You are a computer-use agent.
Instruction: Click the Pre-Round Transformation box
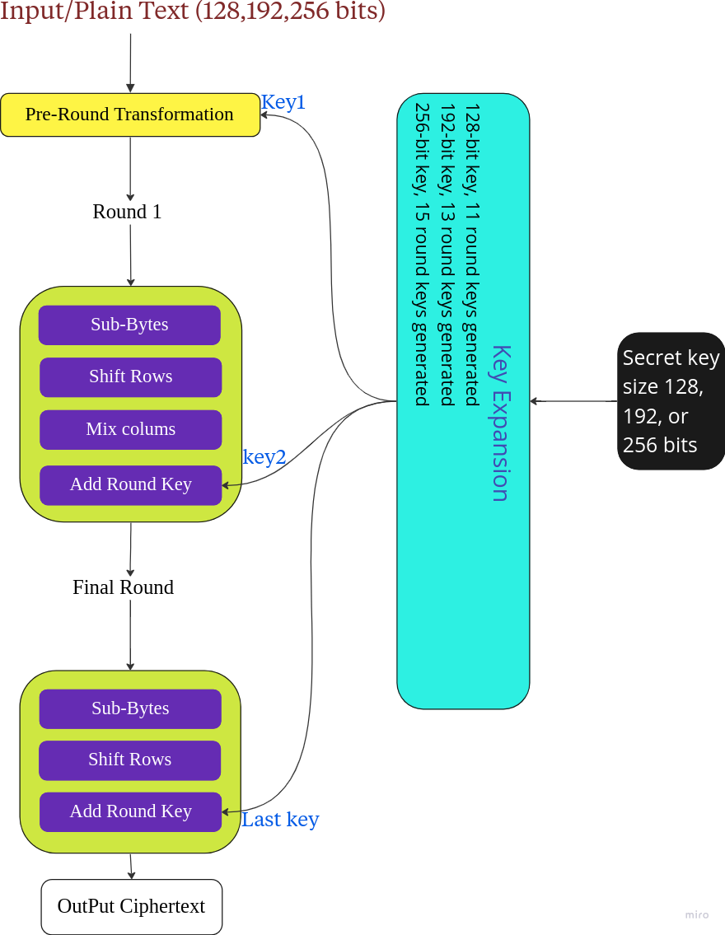click(130, 115)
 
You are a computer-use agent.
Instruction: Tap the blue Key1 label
click(283, 102)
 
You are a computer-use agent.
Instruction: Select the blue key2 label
click(264, 457)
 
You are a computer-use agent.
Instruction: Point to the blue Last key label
click(280, 820)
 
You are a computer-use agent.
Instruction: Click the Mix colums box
click(130, 429)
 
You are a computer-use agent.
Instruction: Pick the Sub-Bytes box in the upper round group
click(129, 325)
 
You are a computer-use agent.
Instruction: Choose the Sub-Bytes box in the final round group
click(130, 708)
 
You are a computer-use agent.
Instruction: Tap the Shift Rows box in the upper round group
click(130, 376)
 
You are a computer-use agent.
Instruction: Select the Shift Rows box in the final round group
click(129, 760)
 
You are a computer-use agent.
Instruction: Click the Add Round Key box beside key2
click(130, 484)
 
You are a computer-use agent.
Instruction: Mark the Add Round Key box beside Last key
click(130, 811)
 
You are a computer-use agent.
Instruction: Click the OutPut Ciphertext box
click(132, 906)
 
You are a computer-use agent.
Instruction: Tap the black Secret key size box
click(671, 401)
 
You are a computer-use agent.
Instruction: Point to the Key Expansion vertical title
click(500, 423)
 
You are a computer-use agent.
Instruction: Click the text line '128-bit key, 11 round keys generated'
click(471, 254)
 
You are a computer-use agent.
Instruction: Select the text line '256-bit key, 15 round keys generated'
click(421, 254)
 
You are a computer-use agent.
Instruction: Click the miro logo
click(696, 914)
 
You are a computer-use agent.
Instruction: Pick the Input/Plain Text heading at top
click(193, 13)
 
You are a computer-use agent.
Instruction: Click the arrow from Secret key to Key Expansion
click(573, 401)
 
